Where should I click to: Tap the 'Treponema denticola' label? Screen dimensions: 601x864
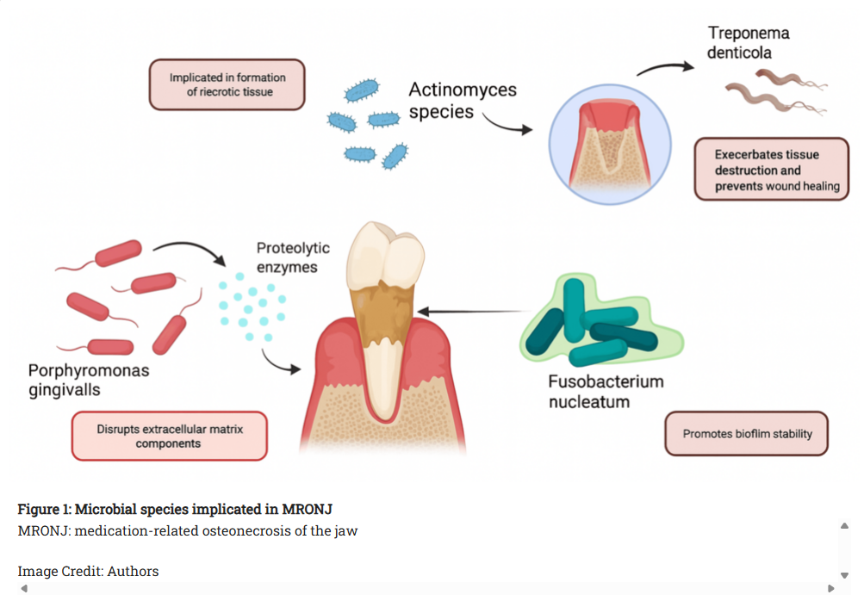click(x=748, y=43)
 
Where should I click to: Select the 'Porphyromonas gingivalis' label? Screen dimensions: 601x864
click(x=89, y=380)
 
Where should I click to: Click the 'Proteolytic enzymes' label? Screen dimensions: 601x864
click(x=292, y=257)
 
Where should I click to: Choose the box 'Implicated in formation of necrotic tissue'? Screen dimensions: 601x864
click(x=227, y=84)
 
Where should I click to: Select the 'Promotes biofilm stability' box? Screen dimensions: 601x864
click(x=747, y=434)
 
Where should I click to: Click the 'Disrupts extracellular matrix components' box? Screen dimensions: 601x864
click(x=169, y=436)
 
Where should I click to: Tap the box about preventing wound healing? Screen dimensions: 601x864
click(x=771, y=170)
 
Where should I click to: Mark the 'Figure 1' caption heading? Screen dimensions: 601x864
click(x=175, y=509)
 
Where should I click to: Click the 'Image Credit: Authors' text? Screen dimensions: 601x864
click(x=88, y=571)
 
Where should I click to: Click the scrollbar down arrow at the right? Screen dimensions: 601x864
click(x=844, y=574)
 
